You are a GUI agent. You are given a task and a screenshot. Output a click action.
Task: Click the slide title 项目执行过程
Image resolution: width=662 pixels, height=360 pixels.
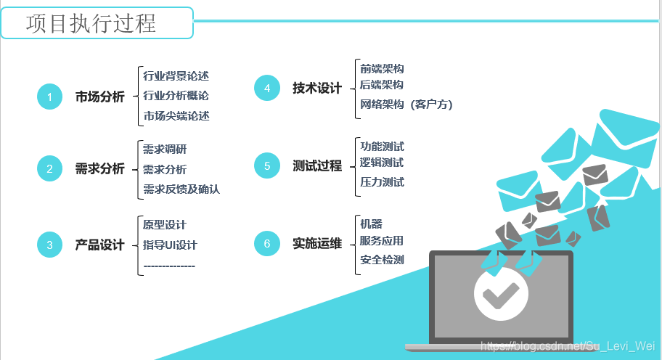coord(91,23)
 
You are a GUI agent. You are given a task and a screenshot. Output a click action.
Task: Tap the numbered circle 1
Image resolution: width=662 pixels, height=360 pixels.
coord(49,97)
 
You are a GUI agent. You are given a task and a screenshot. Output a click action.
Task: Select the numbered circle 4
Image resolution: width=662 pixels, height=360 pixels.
coord(267,88)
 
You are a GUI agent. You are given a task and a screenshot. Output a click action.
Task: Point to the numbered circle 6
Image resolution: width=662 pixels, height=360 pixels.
coord(267,243)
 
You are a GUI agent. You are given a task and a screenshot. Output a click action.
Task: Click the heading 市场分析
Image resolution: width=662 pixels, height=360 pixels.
coord(100,97)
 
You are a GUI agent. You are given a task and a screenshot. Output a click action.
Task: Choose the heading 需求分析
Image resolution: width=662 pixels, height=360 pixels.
coord(100,169)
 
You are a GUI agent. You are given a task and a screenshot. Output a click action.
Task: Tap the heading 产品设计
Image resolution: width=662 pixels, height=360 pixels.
coord(100,245)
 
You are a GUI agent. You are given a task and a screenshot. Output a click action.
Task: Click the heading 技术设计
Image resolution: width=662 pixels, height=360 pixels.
coord(317,88)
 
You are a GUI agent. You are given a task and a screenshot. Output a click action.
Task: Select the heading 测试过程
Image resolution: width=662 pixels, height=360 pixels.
coord(317,166)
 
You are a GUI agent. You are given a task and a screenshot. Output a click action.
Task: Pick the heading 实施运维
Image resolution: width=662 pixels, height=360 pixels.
coord(317,243)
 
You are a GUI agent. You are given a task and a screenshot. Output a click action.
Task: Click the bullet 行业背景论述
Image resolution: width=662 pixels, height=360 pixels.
coord(176,75)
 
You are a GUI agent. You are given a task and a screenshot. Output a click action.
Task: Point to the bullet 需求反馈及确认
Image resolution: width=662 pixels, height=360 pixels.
coord(181,189)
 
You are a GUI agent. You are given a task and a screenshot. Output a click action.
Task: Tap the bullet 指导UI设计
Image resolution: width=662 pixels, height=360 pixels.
coord(170,245)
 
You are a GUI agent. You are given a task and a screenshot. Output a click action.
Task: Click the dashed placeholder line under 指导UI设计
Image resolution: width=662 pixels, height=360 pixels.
coord(169,266)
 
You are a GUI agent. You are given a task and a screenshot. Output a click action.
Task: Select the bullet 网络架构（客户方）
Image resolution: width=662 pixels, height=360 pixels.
coord(406,105)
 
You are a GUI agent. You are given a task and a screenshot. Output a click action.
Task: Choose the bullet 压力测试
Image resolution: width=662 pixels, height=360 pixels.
coord(382,182)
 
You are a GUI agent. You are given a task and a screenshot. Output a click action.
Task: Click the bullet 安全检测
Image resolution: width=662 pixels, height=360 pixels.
coord(382,260)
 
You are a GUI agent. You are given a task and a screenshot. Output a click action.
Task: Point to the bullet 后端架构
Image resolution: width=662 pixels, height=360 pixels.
coord(382,85)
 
